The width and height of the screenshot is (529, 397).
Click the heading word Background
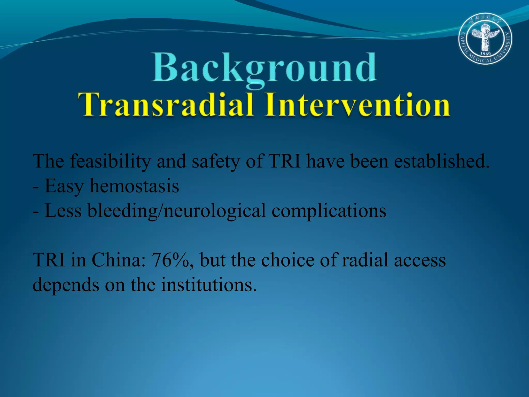tap(264, 68)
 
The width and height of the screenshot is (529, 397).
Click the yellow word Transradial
tap(165, 105)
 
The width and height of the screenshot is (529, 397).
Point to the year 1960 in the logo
tap(485, 53)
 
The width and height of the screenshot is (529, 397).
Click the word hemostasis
tap(134, 186)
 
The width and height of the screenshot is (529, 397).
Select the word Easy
tap(64, 186)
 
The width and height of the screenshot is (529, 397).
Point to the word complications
tap(329, 211)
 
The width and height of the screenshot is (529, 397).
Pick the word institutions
tap(209, 285)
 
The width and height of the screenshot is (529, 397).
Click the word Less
tap(63, 211)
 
